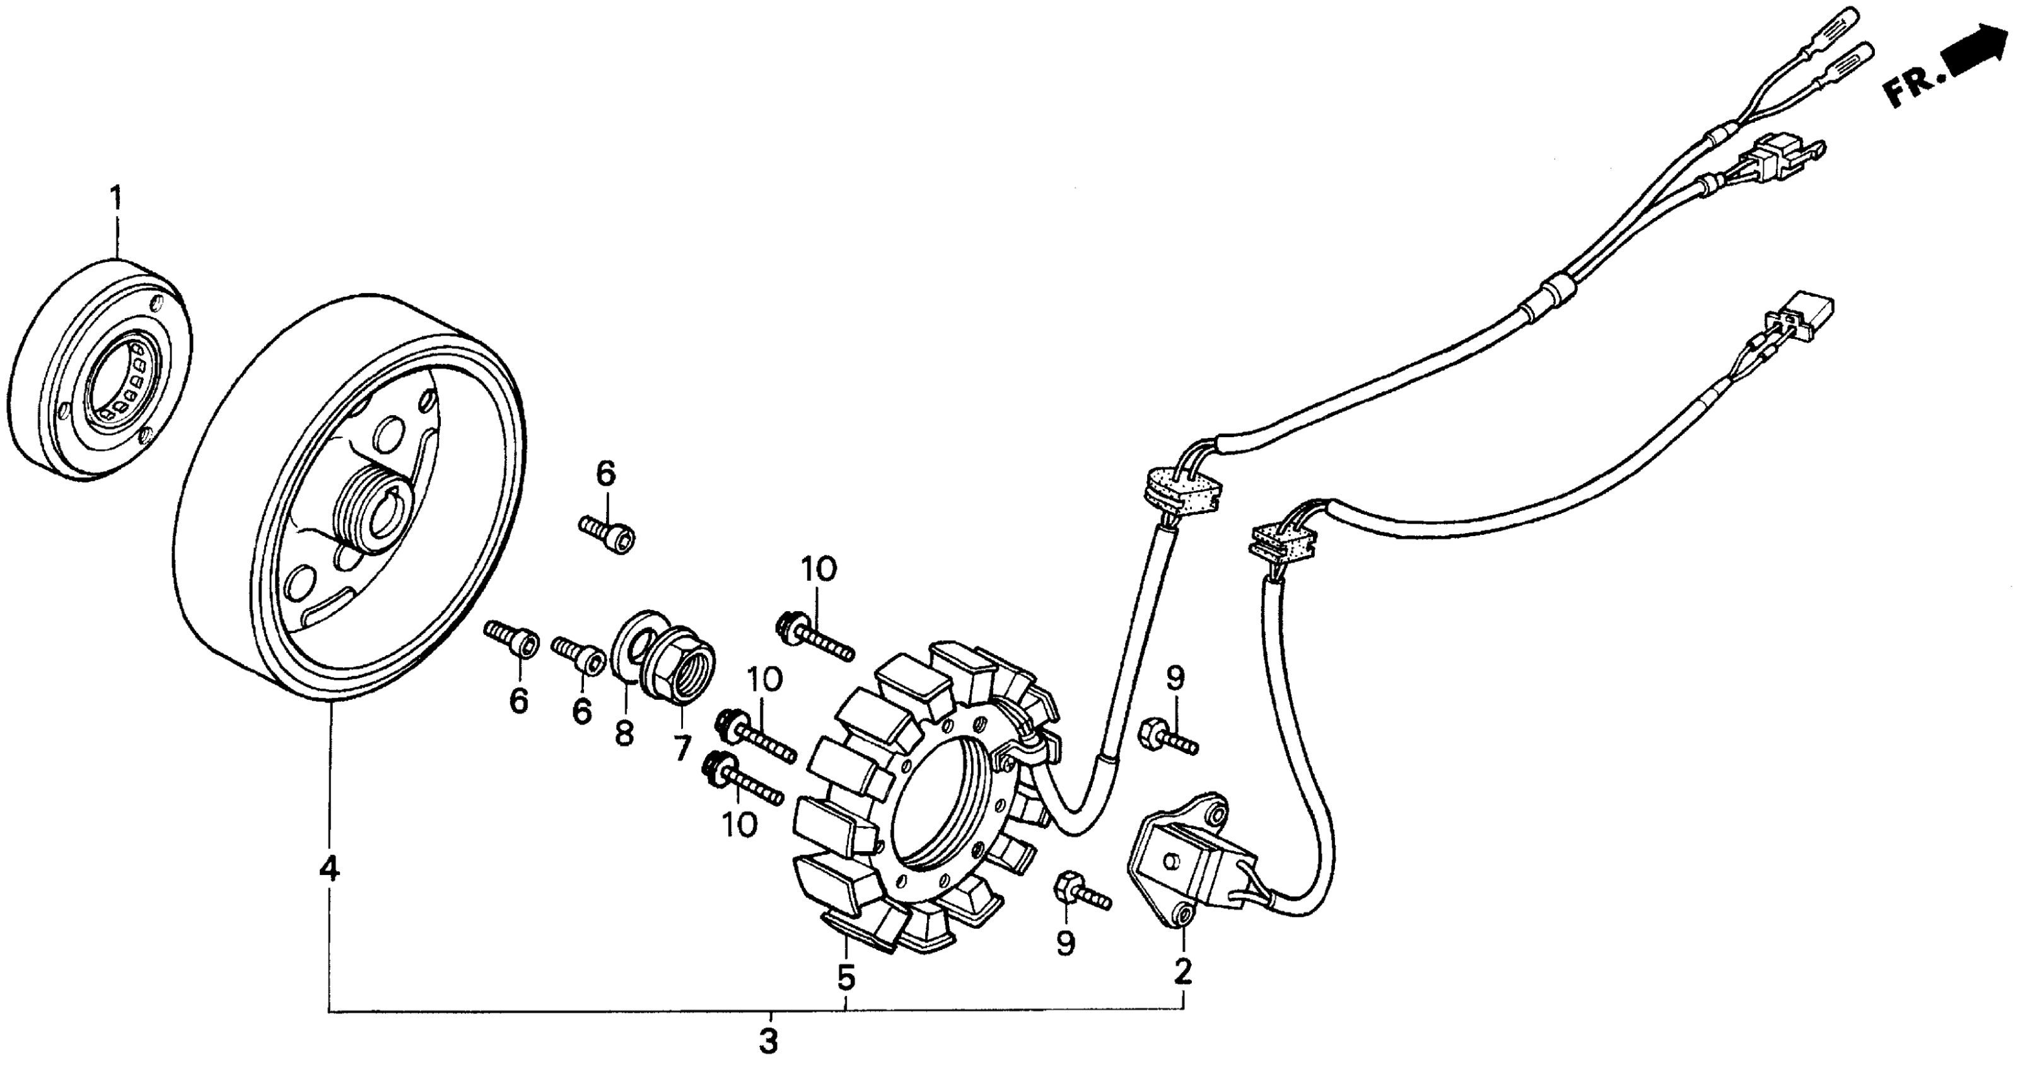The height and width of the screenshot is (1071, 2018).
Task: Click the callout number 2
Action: [x=1183, y=972]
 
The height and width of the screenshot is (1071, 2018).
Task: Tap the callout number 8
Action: [x=624, y=735]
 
